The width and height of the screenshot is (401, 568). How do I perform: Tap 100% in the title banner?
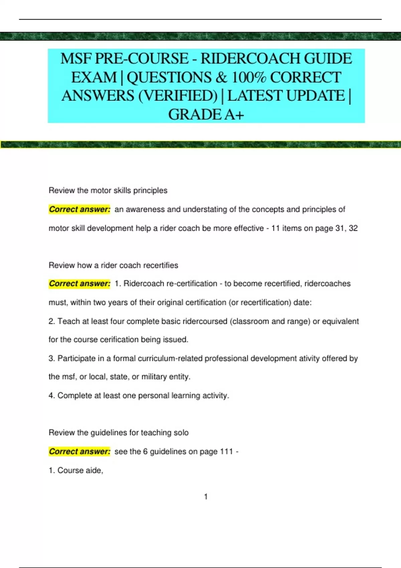coord(249,78)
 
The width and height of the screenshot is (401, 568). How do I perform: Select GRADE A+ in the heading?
coord(206,115)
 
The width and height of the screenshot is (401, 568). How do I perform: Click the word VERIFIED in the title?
coord(178,96)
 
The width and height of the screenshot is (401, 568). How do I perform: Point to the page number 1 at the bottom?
coord(206,497)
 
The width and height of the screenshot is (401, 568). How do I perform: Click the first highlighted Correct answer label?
coord(80,209)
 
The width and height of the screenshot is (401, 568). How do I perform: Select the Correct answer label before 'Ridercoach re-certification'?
coord(80,284)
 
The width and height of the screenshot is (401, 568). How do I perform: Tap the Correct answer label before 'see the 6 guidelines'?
coord(80,451)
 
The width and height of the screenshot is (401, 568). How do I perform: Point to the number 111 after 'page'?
coord(226,451)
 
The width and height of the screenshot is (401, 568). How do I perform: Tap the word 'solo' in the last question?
coord(181,433)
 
